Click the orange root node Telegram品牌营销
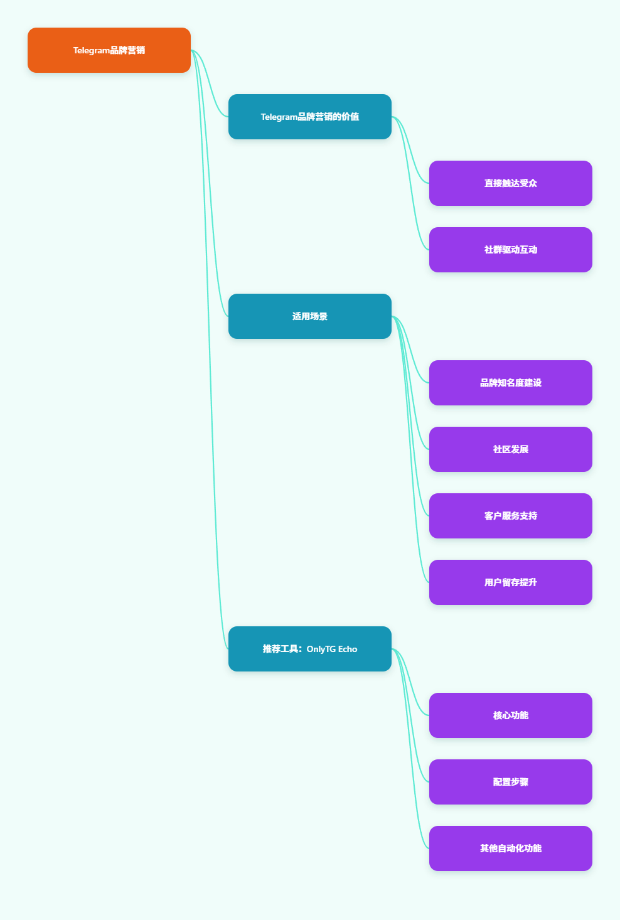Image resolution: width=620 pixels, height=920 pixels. pyautogui.click(x=109, y=50)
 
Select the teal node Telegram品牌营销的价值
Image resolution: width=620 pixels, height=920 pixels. pyautogui.click(x=309, y=117)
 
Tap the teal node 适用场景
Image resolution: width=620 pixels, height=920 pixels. pyautogui.click(x=309, y=316)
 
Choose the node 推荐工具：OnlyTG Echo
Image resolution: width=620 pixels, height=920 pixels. pyautogui.click(x=309, y=649)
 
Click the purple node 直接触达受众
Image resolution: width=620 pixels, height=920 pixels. pyautogui.click(x=510, y=183)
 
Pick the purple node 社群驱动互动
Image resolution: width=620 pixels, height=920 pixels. pyautogui.click(x=510, y=250)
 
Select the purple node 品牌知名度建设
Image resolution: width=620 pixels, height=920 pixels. pyautogui.click(x=510, y=383)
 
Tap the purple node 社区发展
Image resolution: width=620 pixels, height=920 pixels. pyautogui.click(x=510, y=449)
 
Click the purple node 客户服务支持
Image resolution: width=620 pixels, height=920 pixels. pyautogui.click(x=510, y=516)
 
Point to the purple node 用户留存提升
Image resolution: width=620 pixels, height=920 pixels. pyautogui.click(x=510, y=582)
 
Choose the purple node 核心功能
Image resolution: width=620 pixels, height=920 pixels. pyautogui.click(x=510, y=715)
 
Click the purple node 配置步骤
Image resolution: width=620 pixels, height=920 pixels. pyautogui.click(x=510, y=782)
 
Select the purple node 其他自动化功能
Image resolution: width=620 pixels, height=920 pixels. pyautogui.click(x=510, y=848)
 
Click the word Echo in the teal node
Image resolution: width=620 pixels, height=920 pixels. pyautogui.click(x=348, y=649)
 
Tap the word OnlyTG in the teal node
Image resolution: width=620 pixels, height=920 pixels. pyautogui.click(x=321, y=650)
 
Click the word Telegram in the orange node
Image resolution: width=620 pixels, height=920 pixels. pyautogui.click(x=91, y=50)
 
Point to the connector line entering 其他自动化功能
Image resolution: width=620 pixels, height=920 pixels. pyautogui.click(x=410, y=749)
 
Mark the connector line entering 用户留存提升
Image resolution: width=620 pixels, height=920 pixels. pyautogui.click(x=410, y=449)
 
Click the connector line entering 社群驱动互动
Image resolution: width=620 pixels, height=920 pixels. pyautogui.click(x=410, y=183)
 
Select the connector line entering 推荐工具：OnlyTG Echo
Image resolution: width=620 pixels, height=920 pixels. pyautogui.click(x=210, y=350)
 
